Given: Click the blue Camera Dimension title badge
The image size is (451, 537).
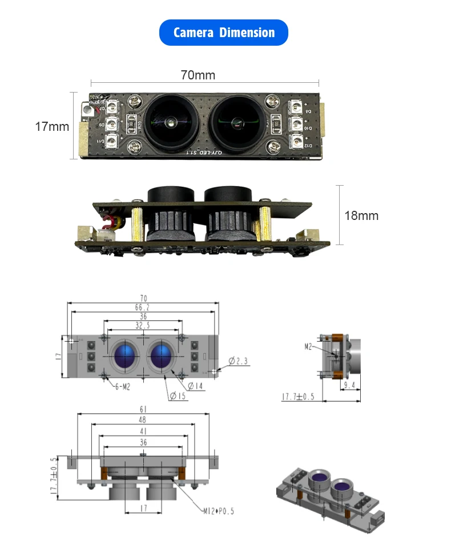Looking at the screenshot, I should coord(223,33).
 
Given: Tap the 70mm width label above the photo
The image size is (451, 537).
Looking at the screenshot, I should coord(198,75).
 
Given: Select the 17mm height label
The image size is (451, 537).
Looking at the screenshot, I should coord(52,126).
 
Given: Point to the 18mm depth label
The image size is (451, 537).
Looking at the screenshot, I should coord(361,215).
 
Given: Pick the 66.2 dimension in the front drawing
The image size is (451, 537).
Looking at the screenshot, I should coord(142,307).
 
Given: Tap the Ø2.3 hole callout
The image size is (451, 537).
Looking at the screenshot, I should coord(239,360).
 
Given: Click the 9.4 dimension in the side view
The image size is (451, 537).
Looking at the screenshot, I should coord(350,386).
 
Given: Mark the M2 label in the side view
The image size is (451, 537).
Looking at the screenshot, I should coord(308,346).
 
